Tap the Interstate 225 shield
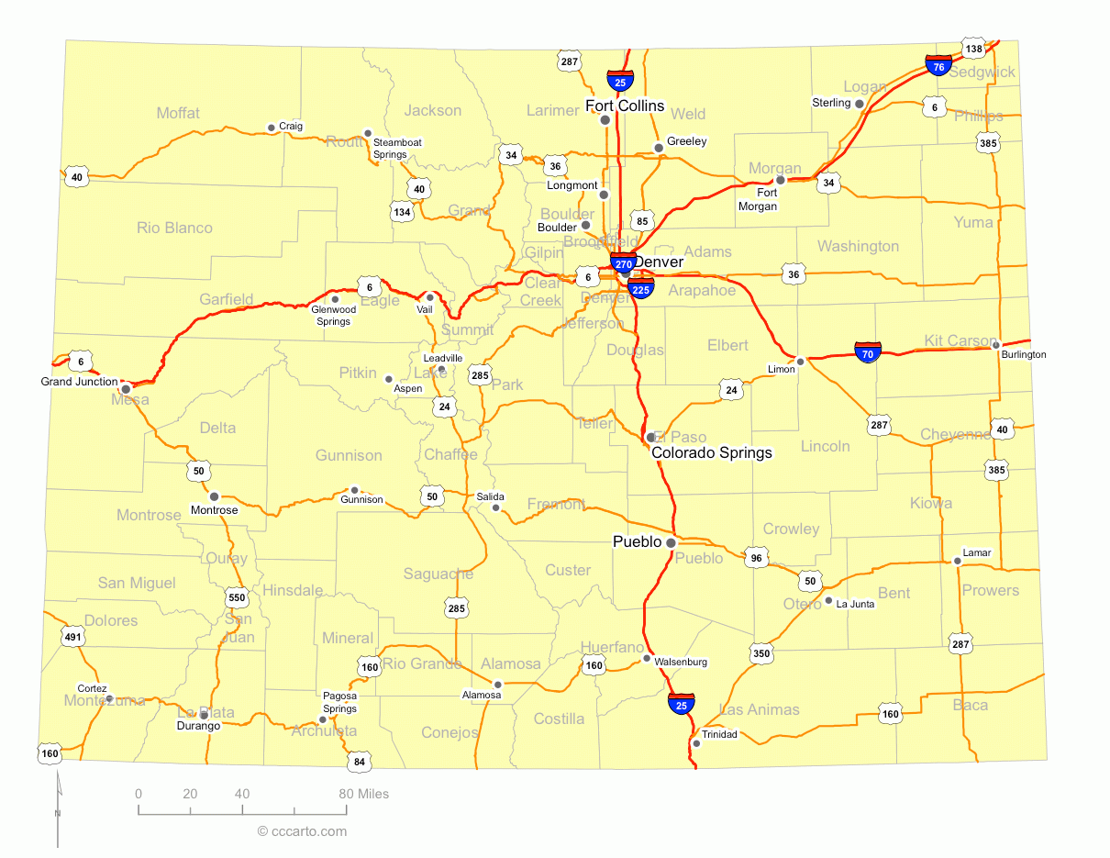coord(641,289)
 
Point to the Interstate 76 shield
coord(938,65)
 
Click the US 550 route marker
coord(237,597)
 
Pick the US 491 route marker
coord(73,635)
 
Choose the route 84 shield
coord(359,761)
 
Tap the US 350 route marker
coord(761,653)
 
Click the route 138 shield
coord(974,48)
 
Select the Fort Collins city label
coord(625,106)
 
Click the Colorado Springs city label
coord(712,452)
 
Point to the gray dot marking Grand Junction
coord(126,388)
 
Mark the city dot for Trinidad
coord(696,742)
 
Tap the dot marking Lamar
coord(957,561)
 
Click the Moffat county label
coord(178,113)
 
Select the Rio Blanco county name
coord(174,228)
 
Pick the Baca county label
coord(970,705)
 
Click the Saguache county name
coord(438,574)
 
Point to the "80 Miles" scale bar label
coord(363,794)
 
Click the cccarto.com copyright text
coord(302,831)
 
